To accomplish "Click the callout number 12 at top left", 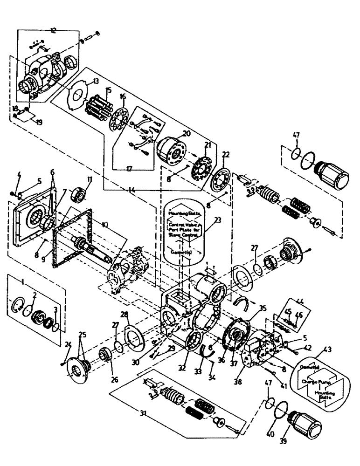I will (x=52, y=30).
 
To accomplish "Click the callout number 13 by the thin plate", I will (x=96, y=81).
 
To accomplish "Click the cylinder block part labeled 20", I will (x=169, y=151).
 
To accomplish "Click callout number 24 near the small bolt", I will (x=68, y=345).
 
